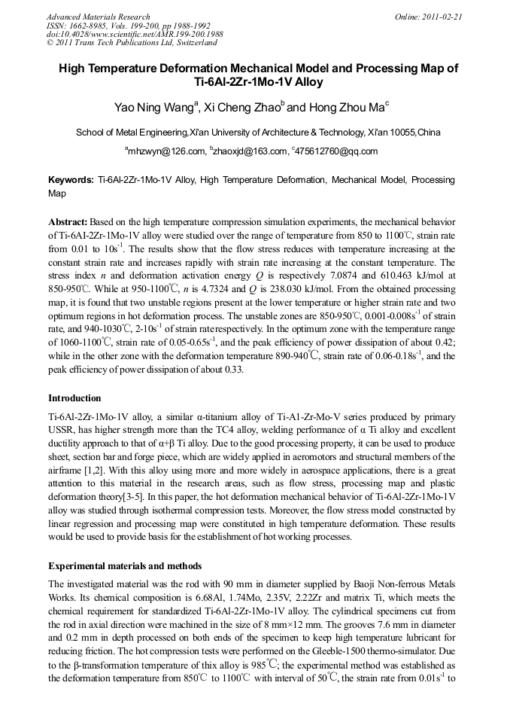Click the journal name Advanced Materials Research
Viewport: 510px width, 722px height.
click(98, 17)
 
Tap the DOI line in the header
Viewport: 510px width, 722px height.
click(134, 35)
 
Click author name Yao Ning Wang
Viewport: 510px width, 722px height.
click(153, 108)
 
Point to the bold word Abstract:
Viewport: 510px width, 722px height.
click(68, 223)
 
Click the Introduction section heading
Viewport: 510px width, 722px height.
click(74, 398)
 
